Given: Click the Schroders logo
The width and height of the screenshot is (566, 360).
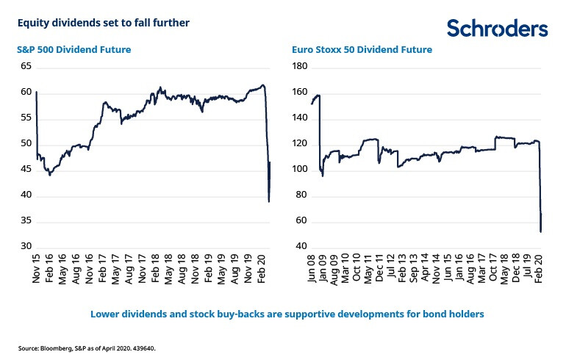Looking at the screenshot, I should point(497,29).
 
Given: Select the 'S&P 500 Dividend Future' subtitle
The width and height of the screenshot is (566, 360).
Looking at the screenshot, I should point(74,50).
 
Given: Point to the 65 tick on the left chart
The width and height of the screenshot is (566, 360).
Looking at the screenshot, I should point(26,66).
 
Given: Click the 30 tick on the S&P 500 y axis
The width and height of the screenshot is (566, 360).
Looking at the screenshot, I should point(26,246).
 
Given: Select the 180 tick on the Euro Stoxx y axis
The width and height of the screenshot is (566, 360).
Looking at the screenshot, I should point(299,66).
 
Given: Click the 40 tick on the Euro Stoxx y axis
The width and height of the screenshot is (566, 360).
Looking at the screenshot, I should point(301,246).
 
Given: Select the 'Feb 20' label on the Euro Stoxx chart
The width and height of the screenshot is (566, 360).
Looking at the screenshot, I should point(540,272).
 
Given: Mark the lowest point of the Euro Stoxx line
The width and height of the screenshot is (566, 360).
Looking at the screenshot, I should point(541,232).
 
